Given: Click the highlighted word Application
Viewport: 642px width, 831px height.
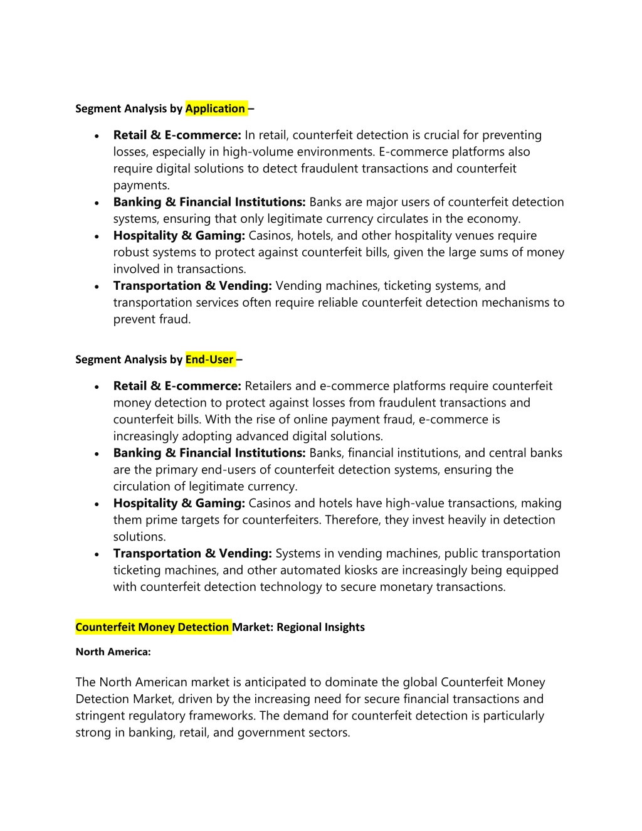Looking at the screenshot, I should tap(215, 109).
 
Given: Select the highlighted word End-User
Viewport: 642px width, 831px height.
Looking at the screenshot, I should tap(209, 359).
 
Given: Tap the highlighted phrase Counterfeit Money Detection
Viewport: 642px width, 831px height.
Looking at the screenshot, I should tap(152, 627).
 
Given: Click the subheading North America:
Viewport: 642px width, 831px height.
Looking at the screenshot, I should tap(113, 652).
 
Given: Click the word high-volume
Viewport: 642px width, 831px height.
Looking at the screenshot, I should tap(260, 152).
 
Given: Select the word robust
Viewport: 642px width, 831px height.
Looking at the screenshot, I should tap(132, 252).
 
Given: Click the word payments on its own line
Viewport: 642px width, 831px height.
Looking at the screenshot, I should tap(141, 186).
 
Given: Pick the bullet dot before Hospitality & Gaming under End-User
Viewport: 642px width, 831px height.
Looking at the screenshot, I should tap(97, 504).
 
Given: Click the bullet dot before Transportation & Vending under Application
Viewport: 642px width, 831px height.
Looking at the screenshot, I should tap(97, 287).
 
